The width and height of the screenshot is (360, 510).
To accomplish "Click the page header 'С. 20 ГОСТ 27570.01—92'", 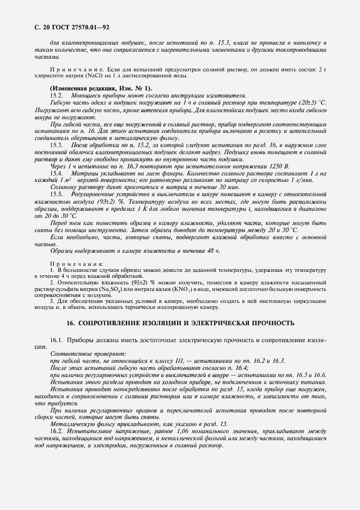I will click(68, 26).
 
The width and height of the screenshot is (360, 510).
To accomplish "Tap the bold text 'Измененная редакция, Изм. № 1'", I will click(101, 88).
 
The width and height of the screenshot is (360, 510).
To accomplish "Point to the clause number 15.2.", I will click(57, 94).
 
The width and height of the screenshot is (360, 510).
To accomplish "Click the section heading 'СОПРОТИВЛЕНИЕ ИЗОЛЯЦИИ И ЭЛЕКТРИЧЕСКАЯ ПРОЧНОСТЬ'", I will click(180, 323).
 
